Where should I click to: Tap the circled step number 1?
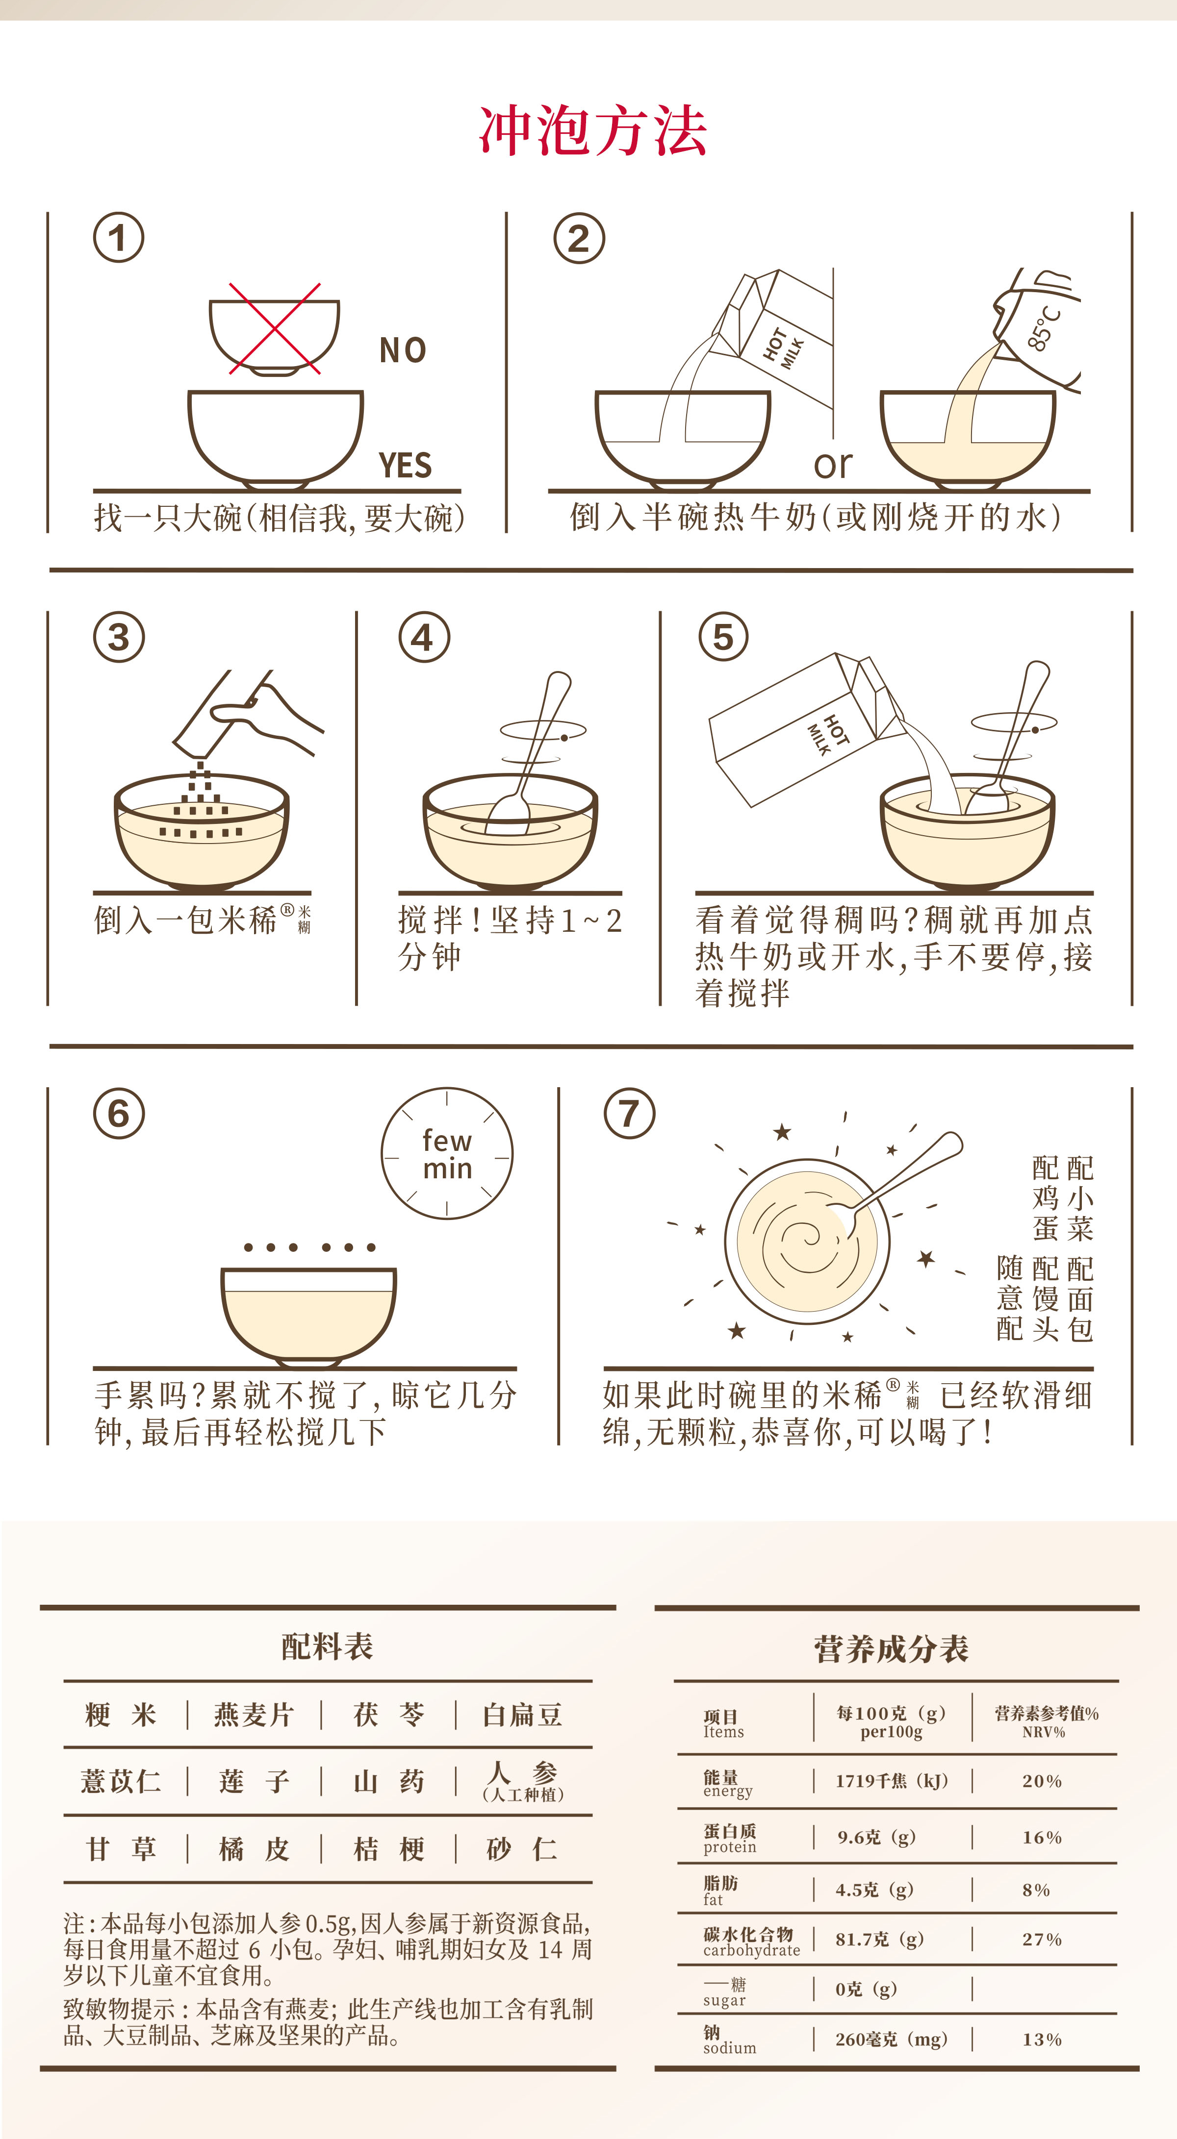118,238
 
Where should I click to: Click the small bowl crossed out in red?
274,336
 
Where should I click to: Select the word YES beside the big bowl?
406,466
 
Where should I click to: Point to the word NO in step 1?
403,350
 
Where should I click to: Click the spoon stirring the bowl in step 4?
532,751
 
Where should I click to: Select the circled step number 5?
723,637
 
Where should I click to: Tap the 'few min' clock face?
447,1153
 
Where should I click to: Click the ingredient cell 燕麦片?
254,1715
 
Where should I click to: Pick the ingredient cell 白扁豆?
522,1715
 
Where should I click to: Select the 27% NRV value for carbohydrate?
1042,1940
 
